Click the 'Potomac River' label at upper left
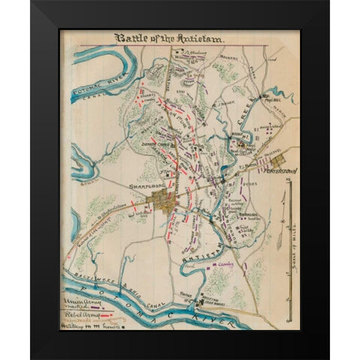pyautogui.click(x=93, y=80)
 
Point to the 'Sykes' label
pyautogui.click(x=250, y=181)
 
